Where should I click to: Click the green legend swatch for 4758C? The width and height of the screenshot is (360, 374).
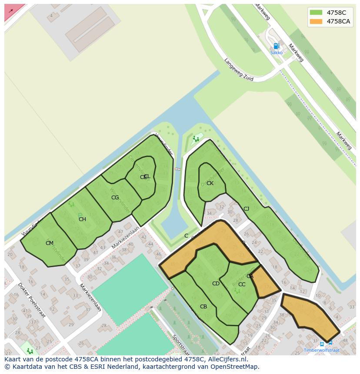pyautogui.click(x=316, y=13)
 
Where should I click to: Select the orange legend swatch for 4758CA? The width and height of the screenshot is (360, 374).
pyautogui.click(x=316, y=21)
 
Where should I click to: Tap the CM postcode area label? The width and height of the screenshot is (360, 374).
pyautogui.click(x=50, y=243)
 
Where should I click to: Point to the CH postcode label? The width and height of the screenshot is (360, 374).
pyautogui.click(x=82, y=219)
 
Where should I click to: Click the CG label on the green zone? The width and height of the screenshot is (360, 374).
pyautogui.click(x=115, y=198)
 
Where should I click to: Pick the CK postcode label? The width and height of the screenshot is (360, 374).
pyautogui.click(x=210, y=183)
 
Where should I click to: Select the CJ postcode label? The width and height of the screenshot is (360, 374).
pyautogui.click(x=246, y=209)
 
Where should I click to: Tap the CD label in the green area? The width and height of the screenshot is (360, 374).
pyautogui.click(x=216, y=284)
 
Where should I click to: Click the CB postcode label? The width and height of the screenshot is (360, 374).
pyautogui.click(x=203, y=307)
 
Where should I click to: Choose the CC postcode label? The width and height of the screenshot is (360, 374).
pyautogui.click(x=242, y=285)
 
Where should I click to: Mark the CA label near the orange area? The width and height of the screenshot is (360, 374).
pyautogui.click(x=250, y=276)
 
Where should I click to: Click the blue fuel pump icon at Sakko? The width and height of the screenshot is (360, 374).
pyautogui.click(x=276, y=46)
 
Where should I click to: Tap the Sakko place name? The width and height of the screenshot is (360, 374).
pyautogui.click(x=276, y=53)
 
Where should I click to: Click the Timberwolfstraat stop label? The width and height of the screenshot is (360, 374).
pyautogui.click(x=321, y=350)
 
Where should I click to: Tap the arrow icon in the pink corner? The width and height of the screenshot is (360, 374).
pyautogui.click(x=11, y=11)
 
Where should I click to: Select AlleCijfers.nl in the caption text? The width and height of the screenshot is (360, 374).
pyautogui.click(x=227, y=359)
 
